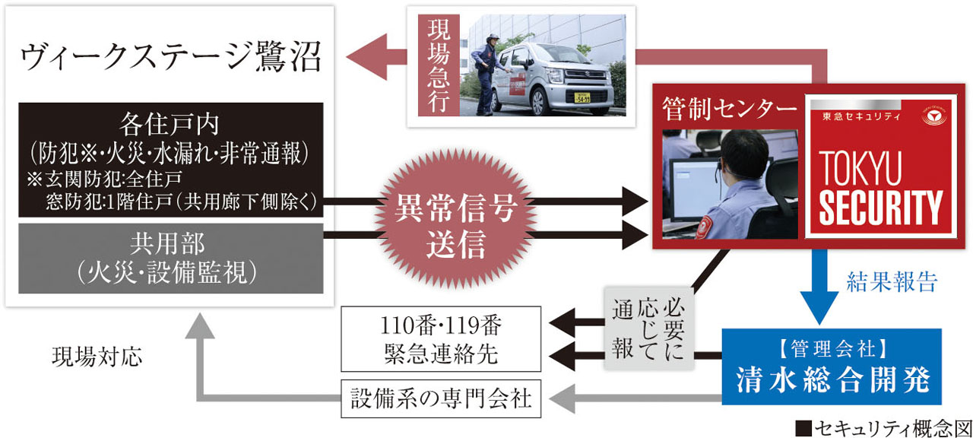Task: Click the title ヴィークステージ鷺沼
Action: click(x=172, y=59)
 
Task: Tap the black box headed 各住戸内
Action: click(x=172, y=160)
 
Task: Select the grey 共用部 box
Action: click(x=172, y=258)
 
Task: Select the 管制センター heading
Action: click(x=729, y=109)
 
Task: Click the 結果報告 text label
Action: click(x=891, y=281)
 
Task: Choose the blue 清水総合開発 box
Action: click(x=831, y=367)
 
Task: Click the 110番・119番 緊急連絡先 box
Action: click(x=441, y=339)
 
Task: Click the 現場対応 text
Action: click(x=97, y=357)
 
